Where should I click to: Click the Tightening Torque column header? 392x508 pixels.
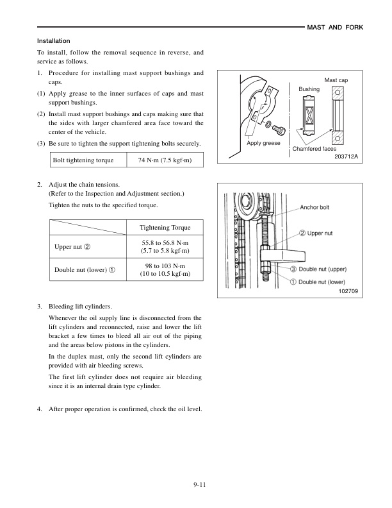click(165, 228)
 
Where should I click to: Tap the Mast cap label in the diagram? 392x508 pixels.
click(336, 81)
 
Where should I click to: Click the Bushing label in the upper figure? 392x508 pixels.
click(309, 88)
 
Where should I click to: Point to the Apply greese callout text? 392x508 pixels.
click(263, 143)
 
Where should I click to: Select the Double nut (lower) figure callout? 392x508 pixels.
click(327, 280)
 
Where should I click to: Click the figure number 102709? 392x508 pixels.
click(346, 292)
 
